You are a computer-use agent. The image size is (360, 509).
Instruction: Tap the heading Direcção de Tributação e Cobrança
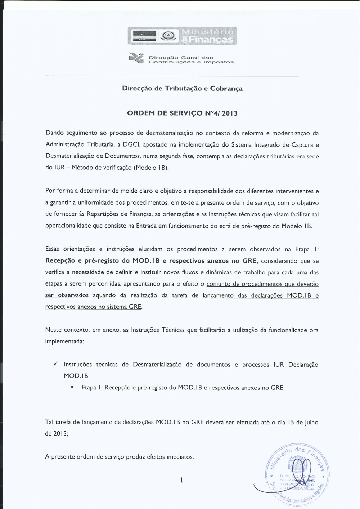click(x=182, y=89)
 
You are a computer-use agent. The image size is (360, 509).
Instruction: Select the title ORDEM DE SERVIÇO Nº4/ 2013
click(x=182, y=113)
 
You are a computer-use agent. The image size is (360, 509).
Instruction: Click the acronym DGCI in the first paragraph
click(x=130, y=145)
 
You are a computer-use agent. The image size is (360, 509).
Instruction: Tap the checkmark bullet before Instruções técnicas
click(x=57, y=364)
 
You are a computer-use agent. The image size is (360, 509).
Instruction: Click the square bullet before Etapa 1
click(x=73, y=388)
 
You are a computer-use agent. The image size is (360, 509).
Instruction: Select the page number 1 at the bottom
click(x=181, y=480)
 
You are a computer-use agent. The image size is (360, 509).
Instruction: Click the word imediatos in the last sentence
click(x=180, y=457)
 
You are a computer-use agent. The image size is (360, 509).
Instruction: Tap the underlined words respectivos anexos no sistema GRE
click(x=94, y=307)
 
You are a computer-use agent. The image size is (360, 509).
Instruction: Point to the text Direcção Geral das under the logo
click(x=181, y=57)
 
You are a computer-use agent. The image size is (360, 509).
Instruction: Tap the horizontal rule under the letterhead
click(x=172, y=76)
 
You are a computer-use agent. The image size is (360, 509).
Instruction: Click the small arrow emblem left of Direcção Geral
click(x=137, y=59)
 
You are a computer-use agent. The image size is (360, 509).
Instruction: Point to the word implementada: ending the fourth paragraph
click(x=64, y=341)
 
